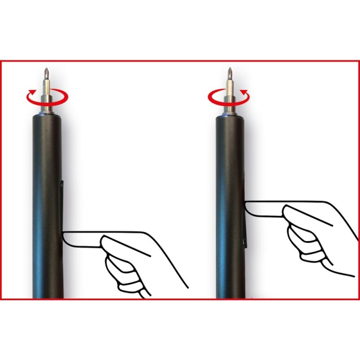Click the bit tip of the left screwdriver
(46, 72)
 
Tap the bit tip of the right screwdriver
(229, 72)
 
